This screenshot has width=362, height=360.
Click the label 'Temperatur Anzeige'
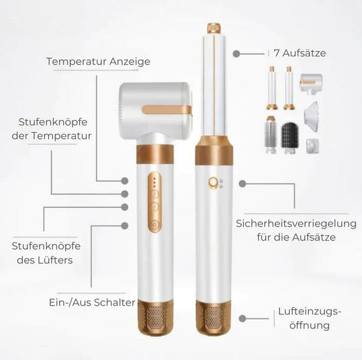pos(98,62)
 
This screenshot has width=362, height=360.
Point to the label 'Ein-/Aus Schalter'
pos(91,302)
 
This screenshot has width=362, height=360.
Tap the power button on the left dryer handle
pos(154,225)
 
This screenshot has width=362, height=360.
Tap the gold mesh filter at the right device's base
pos(215,321)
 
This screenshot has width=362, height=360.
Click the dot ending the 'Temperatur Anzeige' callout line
pos(125,180)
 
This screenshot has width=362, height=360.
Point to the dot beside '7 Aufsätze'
pos(236,52)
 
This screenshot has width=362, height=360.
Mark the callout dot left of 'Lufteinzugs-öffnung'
pos(243,320)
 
